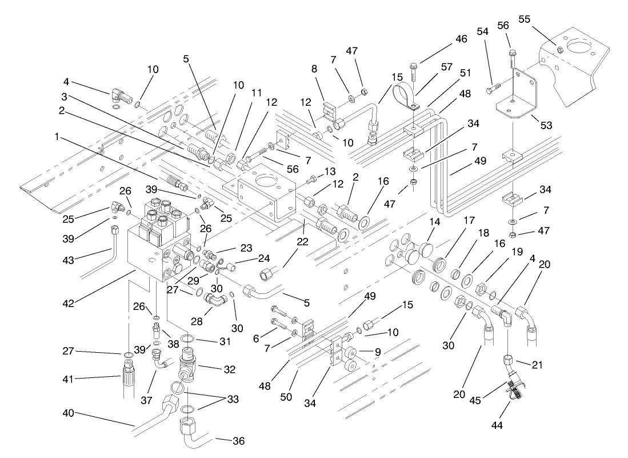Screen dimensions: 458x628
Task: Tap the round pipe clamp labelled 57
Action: [x=407, y=94]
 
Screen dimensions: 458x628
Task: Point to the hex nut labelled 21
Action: [x=508, y=361]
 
